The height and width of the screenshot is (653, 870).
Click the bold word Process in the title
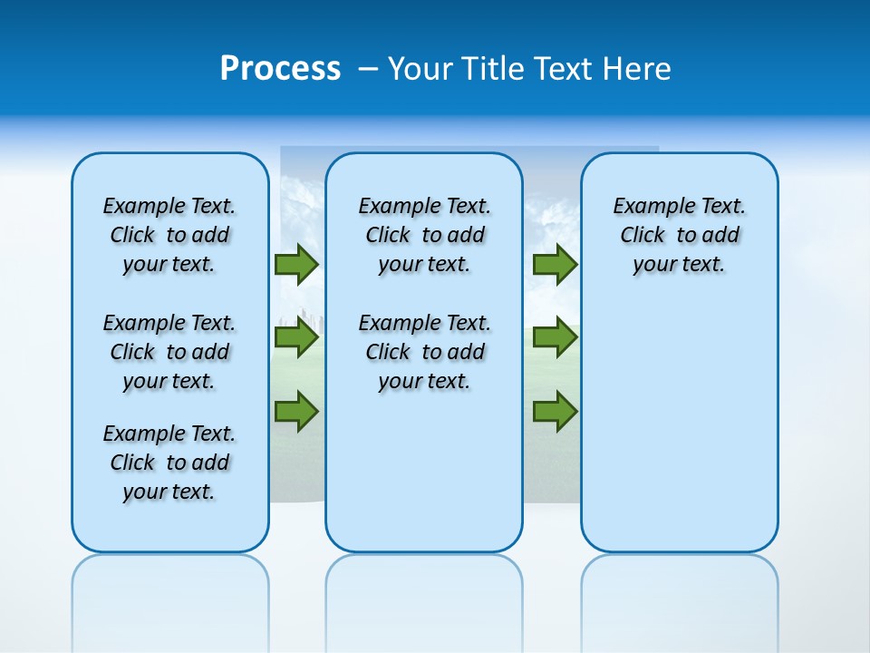280,69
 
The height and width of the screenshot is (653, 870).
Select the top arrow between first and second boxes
296,265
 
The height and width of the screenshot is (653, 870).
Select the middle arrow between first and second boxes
296,338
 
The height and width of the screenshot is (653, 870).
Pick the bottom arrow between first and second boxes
296,411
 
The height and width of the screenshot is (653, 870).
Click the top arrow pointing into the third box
555,265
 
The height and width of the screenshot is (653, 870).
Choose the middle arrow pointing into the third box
555,338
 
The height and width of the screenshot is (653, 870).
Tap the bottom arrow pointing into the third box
555,411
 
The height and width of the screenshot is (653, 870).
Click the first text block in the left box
169,235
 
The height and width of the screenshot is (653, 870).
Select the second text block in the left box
169,352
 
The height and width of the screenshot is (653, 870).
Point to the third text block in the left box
169,463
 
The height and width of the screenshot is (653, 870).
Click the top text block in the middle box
424,235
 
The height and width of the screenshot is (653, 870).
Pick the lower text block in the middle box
424,352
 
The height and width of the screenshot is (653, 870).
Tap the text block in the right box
679,235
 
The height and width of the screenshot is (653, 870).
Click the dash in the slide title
368,69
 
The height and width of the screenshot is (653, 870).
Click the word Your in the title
421,69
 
